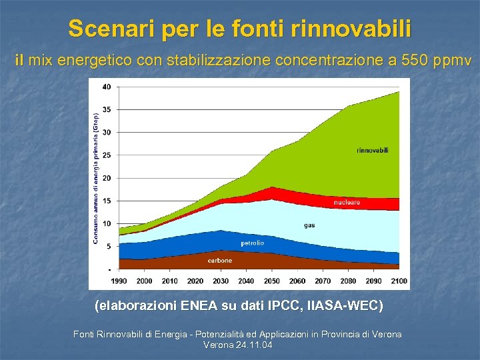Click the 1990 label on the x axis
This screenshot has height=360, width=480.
[x=119, y=281]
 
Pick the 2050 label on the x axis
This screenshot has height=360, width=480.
[x=271, y=281]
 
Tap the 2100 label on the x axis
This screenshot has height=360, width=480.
[x=399, y=281]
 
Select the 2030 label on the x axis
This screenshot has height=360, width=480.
[x=221, y=281]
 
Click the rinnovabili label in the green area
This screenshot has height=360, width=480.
[x=373, y=151]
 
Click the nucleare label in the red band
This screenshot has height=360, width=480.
[x=347, y=202]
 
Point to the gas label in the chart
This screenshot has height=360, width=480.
[x=309, y=225]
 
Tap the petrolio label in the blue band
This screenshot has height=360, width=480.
[x=252, y=243]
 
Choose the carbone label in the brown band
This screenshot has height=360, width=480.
[x=220, y=261]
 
